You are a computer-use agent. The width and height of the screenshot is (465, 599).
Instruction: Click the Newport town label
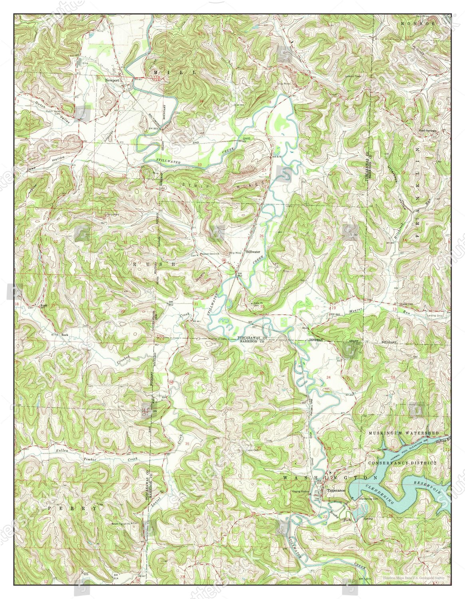point(112,80)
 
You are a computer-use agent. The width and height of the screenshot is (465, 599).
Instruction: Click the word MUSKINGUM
point(386,433)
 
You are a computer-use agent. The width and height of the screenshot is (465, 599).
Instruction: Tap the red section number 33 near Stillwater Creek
point(199,165)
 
